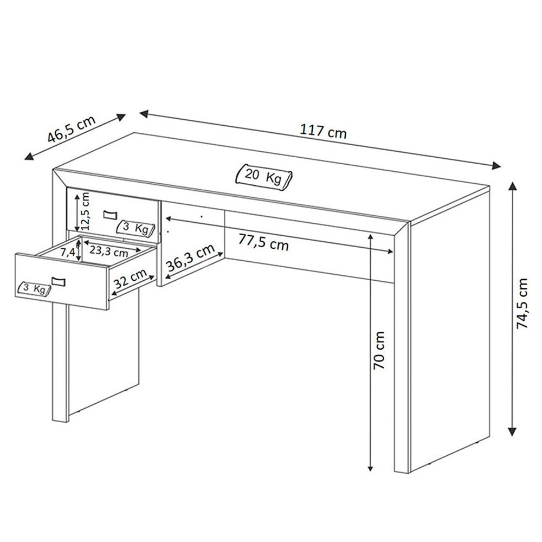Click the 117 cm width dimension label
pyautogui.click(x=323, y=132)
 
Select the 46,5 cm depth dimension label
pyautogui.click(x=71, y=129)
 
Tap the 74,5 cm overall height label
pyautogui.click(x=522, y=304)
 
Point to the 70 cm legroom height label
pyautogui.click(x=379, y=350)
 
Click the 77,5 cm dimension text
pyautogui.click(x=263, y=242)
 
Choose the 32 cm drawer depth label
pyautogui.click(x=130, y=279)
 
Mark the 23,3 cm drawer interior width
pyautogui.click(x=109, y=251)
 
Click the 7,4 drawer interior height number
pyautogui.click(x=68, y=253)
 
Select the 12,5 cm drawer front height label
pyautogui.click(x=86, y=211)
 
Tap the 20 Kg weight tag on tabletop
pyautogui.click(x=264, y=177)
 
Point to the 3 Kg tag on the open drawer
pyautogui.click(x=34, y=289)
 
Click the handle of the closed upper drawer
pyautogui.click(x=110, y=215)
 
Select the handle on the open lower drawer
pyautogui.click(x=59, y=281)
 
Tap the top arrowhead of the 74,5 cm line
pyautogui.click(x=512, y=186)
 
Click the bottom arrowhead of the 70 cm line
pyautogui.click(x=370, y=468)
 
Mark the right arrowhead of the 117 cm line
pyautogui.click(x=496, y=165)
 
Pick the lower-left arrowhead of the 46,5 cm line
pyautogui.click(x=29, y=156)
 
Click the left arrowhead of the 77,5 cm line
pyautogui.click(x=169, y=218)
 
